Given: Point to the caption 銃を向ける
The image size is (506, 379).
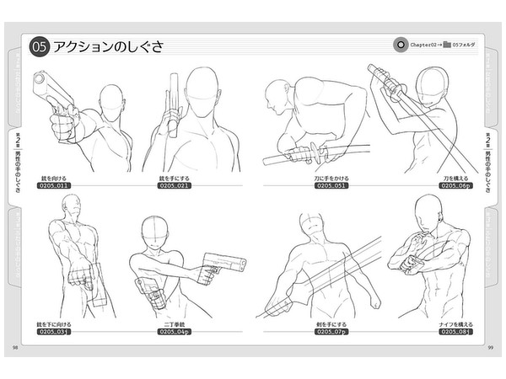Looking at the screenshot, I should [52, 179].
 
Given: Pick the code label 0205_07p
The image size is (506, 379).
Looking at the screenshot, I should [332, 332].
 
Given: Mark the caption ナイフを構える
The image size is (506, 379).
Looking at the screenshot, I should [452, 324].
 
